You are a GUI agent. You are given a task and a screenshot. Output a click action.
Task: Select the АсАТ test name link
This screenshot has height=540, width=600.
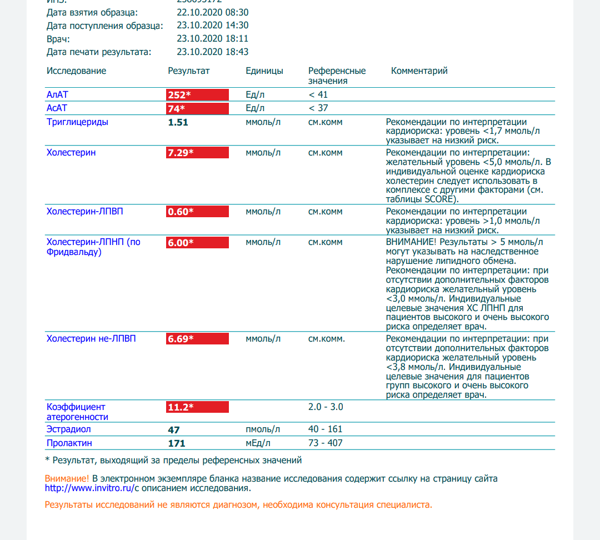57,108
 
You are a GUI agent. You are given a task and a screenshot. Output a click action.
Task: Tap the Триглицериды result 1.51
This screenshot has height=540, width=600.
178,122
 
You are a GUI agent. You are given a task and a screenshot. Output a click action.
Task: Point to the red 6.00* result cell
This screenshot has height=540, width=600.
197,242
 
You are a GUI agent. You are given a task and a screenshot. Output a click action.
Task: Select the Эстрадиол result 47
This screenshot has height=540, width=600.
174,429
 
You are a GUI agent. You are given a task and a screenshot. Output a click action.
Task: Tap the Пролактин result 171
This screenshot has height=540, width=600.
177,443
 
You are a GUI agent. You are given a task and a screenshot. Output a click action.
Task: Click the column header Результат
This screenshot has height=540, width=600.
189,71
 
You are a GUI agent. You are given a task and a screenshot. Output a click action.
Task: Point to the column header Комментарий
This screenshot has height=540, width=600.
419,71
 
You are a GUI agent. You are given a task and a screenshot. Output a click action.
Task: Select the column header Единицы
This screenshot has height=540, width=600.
264,71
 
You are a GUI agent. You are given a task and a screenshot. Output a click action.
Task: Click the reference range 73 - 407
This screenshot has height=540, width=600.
326,443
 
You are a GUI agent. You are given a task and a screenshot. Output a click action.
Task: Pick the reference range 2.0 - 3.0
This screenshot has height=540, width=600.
326,407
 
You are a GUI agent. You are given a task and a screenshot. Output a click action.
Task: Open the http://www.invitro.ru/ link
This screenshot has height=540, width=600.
89,489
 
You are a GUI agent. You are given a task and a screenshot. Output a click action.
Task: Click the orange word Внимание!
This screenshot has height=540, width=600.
67,478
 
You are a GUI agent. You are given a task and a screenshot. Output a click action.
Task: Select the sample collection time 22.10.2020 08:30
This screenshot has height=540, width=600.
212,12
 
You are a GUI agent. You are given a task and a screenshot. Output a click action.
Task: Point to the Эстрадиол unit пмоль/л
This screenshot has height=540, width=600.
263,429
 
